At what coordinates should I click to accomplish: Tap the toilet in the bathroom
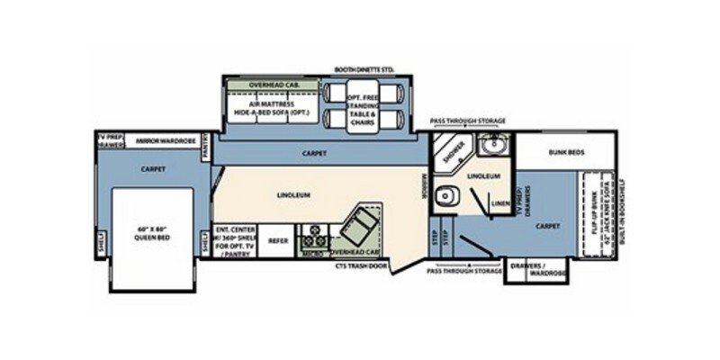(445, 198)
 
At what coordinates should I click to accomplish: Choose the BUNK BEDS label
(566, 153)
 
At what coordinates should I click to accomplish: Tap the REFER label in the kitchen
(279, 240)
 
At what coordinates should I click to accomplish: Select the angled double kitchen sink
(365, 220)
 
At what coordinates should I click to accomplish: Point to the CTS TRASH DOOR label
(359, 266)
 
